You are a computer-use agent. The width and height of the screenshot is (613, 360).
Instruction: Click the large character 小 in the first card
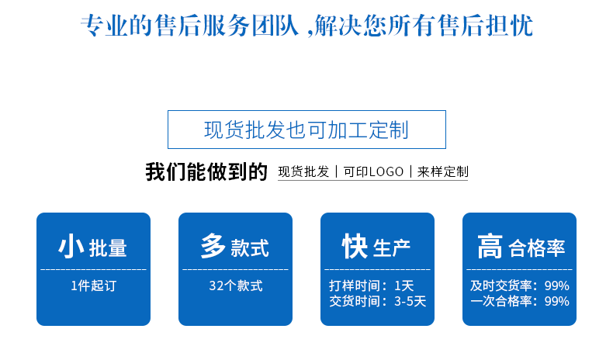[x=71, y=246]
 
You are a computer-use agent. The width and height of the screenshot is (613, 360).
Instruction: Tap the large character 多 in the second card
[x=213, y=246]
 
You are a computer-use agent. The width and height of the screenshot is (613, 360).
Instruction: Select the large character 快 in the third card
[x=355, y=246]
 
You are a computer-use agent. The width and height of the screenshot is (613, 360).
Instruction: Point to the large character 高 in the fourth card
[x=490, y=246]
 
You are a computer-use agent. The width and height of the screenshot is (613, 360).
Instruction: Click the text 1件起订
[x=93, y=286]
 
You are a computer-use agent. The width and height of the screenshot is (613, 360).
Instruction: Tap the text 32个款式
[x=236, y=286]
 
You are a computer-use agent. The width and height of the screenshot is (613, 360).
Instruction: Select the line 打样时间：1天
[x=372, y=286]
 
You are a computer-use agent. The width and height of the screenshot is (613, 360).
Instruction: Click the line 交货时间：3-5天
[x=378, y=301]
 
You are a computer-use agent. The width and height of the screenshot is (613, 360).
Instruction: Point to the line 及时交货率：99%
[x=520, y=286]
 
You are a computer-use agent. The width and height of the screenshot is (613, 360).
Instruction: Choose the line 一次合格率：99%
[x=520, y=301]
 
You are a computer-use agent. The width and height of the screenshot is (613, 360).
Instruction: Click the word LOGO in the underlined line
[x=386, y=171]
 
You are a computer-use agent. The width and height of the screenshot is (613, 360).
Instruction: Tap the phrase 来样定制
[x=443, y=171]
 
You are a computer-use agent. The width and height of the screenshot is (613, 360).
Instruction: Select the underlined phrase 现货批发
[x=303, y=171]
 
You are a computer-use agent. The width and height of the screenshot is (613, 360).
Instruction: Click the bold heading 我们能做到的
[x=206, y=171]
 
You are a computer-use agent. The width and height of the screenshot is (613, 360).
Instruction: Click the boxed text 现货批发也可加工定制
[x=306, y=130]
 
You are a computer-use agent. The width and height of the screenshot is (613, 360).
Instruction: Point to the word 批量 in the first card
[x=108, y=248]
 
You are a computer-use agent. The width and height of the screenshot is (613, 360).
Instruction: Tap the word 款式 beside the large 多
[x=250, y=248]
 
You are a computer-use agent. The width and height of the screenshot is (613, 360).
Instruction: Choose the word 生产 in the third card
[x=392, y=248]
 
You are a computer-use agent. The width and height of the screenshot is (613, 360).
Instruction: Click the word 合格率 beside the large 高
[x=537, y=248]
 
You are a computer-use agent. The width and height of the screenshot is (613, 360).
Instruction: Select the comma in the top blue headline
[x=310, y=33]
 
